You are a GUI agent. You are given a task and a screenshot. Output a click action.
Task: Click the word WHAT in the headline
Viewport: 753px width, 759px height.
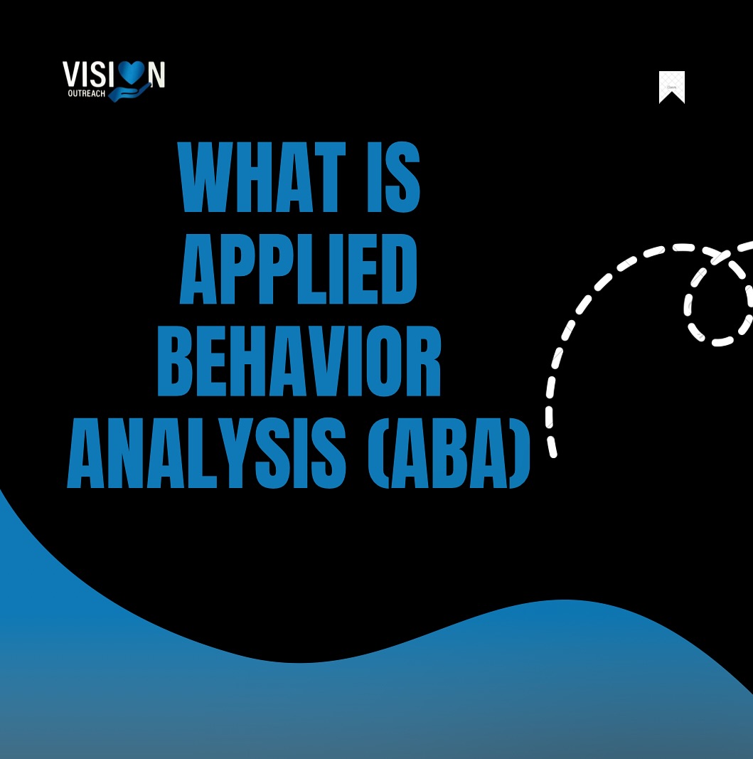point(261,178)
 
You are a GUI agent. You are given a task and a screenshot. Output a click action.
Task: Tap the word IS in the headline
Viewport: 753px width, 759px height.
point(393,178)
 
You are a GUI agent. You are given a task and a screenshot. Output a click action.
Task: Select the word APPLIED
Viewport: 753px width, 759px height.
point(299,270)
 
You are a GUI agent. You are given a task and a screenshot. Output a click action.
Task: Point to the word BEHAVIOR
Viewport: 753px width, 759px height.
point(299,361)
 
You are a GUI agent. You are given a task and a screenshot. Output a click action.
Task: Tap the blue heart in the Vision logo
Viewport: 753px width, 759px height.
point(132,73)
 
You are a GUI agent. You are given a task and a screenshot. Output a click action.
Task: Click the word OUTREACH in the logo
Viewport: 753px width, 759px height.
point(87,93)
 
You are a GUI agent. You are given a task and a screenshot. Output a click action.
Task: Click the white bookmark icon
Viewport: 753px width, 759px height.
point(671,86)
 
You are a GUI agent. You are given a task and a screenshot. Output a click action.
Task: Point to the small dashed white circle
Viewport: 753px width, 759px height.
point(718,307)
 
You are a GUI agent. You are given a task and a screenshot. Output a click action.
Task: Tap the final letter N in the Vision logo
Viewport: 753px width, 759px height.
point(156,74)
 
